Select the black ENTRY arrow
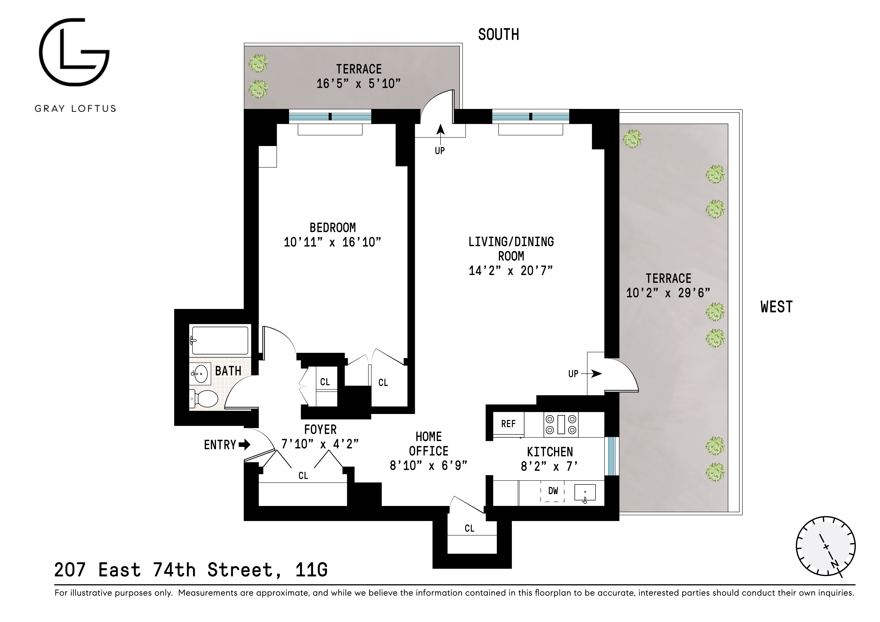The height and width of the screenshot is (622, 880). pos(244,445)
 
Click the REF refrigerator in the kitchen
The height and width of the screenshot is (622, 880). pos(508,424)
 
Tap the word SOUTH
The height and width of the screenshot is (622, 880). pos(498,35)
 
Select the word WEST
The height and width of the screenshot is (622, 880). pos(776,307)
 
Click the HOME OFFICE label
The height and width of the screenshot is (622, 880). pos(429,444)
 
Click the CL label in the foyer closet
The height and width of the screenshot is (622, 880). pos(303,476)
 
